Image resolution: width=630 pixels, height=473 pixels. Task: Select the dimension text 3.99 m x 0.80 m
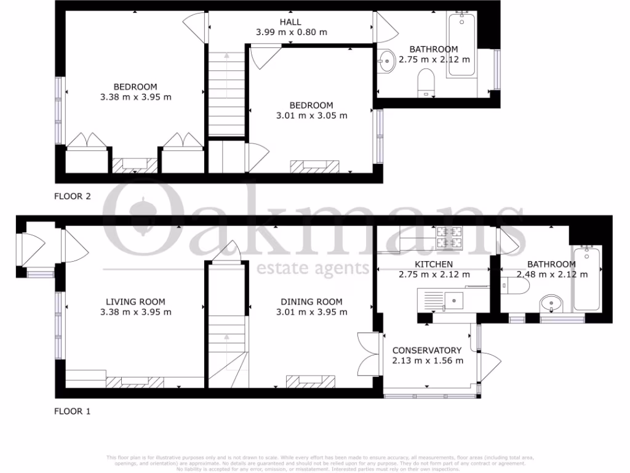click(291, 32)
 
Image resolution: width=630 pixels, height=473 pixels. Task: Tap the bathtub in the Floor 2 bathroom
click(461, 46)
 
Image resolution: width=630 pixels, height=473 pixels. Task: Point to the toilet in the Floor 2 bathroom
click(426, 83)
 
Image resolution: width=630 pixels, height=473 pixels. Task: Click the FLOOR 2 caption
click(73, 197)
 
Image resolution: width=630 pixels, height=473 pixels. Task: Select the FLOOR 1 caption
click(73, 411)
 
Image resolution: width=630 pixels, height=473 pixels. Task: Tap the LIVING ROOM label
click(135, 302)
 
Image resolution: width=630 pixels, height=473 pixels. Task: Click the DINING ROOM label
click(311, 302)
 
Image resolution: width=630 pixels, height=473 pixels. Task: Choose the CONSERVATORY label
click(427, 350)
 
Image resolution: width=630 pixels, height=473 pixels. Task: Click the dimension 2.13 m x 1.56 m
click(428, 361)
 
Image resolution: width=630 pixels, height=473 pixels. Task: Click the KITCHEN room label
click(434, 264)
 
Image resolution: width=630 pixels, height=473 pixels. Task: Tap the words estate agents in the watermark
click(312, 269)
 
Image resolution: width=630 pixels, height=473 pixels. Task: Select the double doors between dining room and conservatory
click(367, 354)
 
